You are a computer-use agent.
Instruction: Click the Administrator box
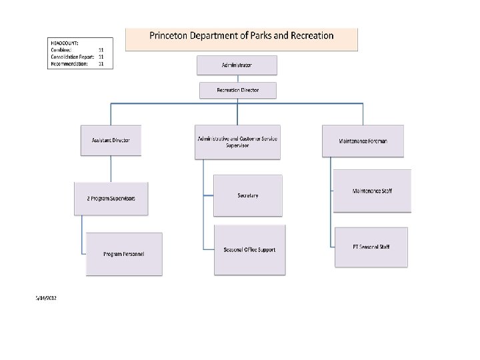(237, 65)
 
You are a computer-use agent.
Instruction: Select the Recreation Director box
(237, 90)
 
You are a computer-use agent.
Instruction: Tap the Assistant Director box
(111, 141)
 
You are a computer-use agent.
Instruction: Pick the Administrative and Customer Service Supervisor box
(237, 142)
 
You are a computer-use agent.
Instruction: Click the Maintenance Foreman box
(363, 141)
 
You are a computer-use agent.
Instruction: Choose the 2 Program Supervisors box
(111, 198)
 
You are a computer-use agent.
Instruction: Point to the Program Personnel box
(124, 254)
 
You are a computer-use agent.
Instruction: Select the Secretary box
(247, 195)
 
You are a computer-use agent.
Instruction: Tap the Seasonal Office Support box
(249, 250)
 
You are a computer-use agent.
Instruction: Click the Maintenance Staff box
(372, 191)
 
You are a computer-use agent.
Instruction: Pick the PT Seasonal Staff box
(371, 247)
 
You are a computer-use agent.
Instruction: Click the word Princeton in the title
(171, 35)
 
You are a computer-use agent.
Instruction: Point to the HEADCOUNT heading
(65, 43)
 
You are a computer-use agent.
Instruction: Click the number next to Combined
(101, 50)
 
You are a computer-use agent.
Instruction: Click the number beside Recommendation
(101, 63)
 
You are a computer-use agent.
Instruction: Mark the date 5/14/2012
(46, 298)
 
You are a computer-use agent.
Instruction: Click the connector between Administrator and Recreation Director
(237, 79)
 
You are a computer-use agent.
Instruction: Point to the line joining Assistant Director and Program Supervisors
(111, 169)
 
